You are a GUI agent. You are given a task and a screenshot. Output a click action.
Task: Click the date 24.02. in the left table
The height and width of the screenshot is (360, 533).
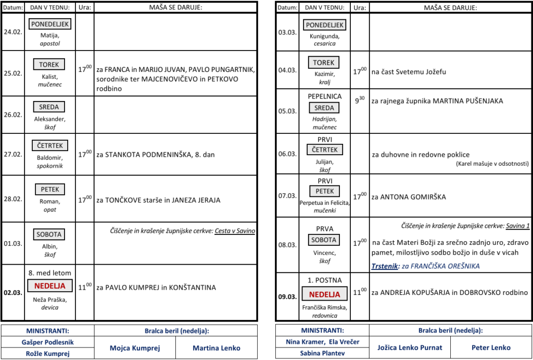(12, 32)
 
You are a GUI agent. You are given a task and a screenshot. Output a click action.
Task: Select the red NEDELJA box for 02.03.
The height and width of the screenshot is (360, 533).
(50, 286)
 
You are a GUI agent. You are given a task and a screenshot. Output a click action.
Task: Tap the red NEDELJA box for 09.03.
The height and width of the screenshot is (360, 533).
(324, 294)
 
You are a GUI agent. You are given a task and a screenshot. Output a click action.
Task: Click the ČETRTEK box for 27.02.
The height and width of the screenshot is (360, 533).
(50, 145)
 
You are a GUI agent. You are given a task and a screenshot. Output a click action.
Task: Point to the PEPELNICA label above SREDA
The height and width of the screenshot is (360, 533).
(324, 96)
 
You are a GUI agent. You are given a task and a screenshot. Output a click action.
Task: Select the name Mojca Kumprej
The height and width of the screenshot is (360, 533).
(135, 348)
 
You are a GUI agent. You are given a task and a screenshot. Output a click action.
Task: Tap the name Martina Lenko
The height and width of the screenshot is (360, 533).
(217, 348)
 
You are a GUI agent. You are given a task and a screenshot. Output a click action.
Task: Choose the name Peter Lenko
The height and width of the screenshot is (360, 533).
(490, 347)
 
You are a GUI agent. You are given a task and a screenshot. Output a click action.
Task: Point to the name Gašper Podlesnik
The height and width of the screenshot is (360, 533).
(47, 342)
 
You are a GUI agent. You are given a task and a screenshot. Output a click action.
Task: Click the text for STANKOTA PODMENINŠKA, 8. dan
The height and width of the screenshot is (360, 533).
(156, 155)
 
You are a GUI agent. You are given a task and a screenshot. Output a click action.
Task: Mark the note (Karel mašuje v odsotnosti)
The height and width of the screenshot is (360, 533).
(492, 164)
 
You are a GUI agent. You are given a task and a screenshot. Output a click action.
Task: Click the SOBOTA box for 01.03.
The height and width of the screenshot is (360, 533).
(49, 234)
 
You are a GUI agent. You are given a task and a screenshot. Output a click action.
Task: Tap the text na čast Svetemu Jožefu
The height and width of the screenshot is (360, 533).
(409, 72)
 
